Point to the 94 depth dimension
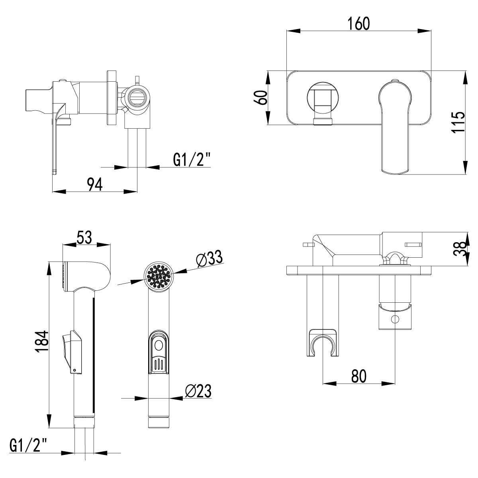[x=95, y=184]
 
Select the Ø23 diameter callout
[x=198, y=391]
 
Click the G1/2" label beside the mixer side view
[x=191, y=160]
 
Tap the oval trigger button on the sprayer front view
[x=159, y=347]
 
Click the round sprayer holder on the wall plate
[x=323, y=97]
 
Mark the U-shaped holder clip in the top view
[x=322, y=343]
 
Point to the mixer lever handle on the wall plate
[x=395, y=127]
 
